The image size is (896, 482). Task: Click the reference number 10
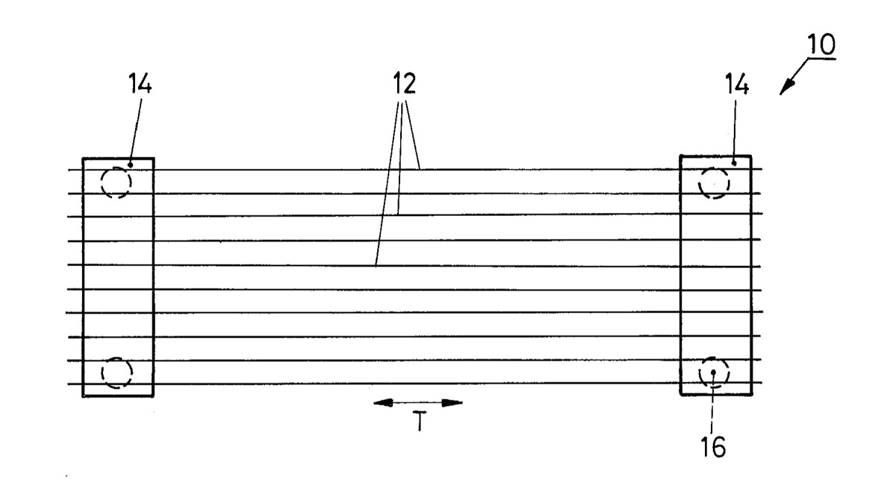click(821, 44)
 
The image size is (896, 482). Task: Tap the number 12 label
click(405, 83)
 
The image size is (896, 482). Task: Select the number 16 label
click(713, 447)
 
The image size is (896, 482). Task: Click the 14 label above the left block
click(140, 83)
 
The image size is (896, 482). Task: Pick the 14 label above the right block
click(737, 84)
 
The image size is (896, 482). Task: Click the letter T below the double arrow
click(420, 421)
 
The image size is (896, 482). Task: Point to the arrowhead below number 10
click(787, 87)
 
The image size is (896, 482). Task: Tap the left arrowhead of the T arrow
click(382, 403)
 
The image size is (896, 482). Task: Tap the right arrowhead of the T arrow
click(452, 403)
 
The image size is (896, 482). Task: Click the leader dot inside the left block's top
click(130, 165)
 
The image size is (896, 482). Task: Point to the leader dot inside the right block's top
click(734, 164)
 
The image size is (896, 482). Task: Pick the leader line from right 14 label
click(735, 131)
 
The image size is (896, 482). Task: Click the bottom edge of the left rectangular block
click(118, 396)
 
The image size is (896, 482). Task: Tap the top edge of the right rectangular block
click(715, 155)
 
